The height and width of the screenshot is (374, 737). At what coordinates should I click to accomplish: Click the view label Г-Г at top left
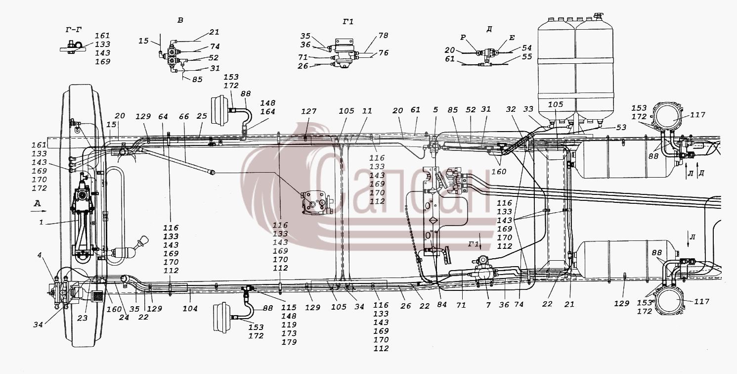73,30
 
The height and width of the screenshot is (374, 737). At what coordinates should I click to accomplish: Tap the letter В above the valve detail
180,20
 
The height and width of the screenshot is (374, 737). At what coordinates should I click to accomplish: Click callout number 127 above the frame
308,111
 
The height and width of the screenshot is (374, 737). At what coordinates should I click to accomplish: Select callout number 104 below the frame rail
190,309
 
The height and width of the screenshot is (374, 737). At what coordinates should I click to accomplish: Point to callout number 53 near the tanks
621,127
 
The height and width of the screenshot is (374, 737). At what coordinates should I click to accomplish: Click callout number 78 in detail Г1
383,35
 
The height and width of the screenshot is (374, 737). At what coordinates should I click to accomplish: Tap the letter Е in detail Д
512,38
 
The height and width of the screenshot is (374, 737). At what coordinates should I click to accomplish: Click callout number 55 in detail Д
527,56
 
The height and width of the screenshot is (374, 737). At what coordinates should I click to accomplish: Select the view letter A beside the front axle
38,204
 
